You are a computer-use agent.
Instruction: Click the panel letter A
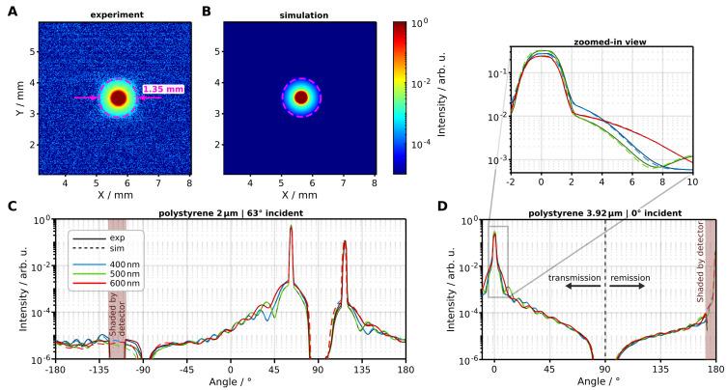pos(14,12)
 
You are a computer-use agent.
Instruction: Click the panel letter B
pos(206,12)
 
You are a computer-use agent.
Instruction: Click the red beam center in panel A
pos(118,97)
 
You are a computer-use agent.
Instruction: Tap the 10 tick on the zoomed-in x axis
pos(692,181)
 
